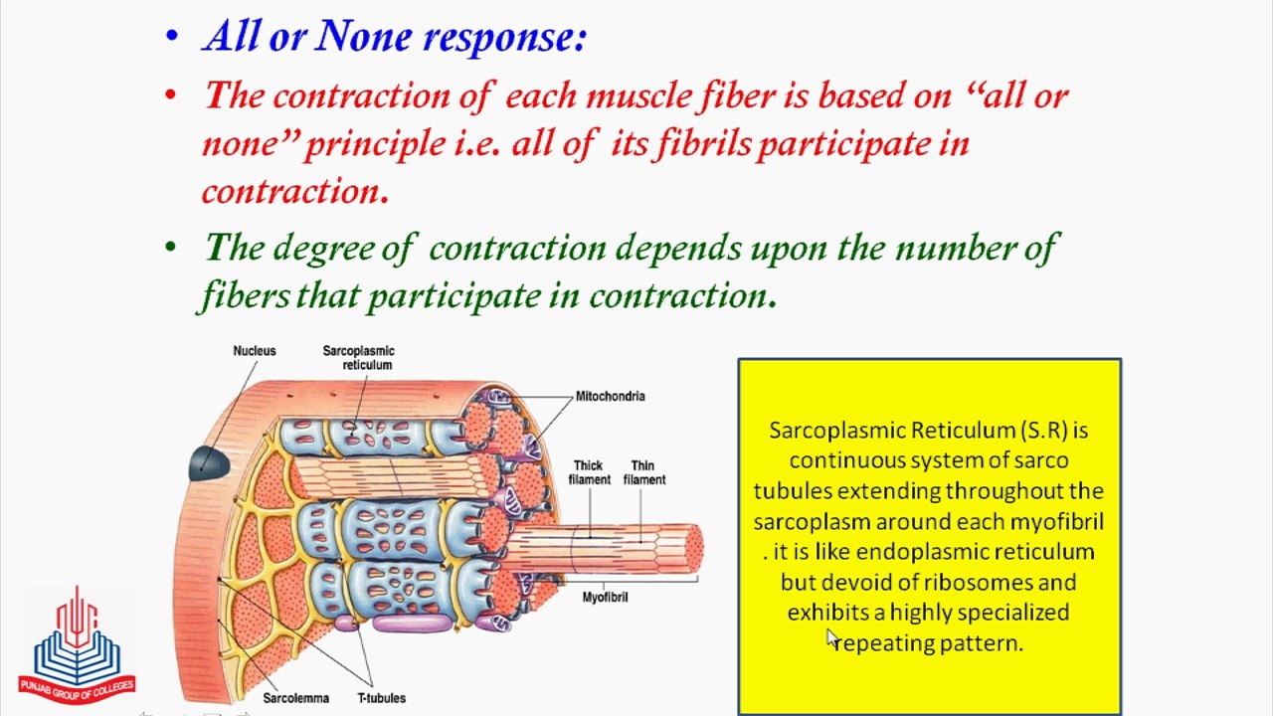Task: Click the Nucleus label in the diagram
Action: pos(254,351)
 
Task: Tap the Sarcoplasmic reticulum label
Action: pos(358,358)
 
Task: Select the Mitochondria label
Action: pos(610,396)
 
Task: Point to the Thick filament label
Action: pos(589,472)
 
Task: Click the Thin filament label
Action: pos(643,472)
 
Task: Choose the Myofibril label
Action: pos(605,597)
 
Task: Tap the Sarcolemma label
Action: pos(295,698)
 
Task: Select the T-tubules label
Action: pos(381,698)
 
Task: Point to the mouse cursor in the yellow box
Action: pos(832,639)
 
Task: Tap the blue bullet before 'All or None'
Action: pos(172,38)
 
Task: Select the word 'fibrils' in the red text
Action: pos(702,144)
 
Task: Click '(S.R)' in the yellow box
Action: pos(1043,431)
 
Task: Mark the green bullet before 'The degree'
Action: pos(172,248)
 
